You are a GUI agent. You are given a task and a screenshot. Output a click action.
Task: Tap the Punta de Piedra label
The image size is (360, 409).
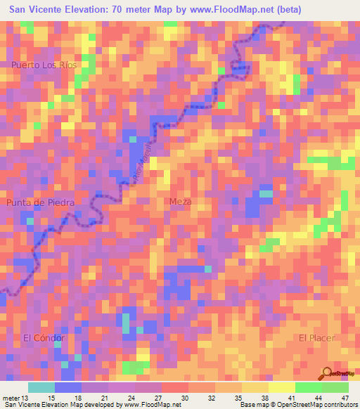click(x=40, y=202)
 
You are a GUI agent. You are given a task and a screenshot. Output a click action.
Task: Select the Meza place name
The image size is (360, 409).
click(x=181, y=202)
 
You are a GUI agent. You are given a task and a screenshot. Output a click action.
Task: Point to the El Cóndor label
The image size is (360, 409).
click(x=44, y=338)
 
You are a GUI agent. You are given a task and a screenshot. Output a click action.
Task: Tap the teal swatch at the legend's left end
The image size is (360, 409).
click(x=41, y=387)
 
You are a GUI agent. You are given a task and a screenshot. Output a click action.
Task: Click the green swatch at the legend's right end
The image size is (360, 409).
click(x=335, y=387)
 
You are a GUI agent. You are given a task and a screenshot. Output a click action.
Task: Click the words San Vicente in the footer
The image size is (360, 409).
click(x=23, y=405)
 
